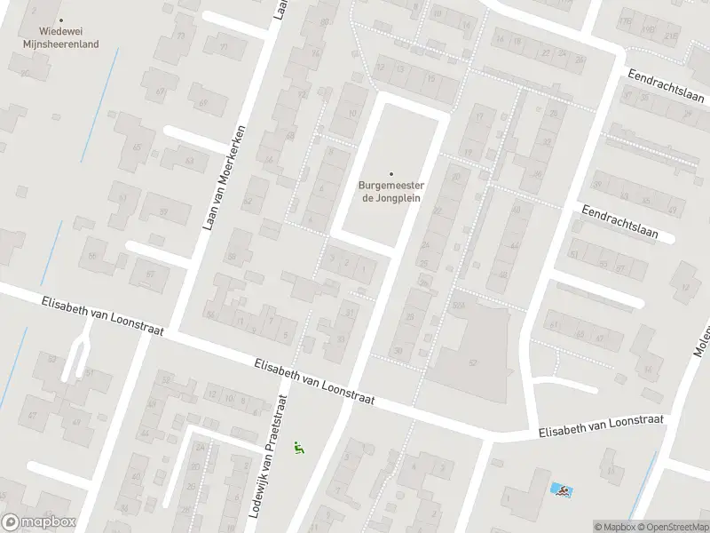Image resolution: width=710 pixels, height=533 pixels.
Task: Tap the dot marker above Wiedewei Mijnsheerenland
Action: [61, 20]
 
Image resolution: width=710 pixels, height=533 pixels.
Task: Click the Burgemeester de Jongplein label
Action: [390, 191]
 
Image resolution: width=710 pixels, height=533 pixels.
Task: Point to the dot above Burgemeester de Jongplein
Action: [390, 174]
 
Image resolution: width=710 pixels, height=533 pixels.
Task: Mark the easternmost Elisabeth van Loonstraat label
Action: [601, 428]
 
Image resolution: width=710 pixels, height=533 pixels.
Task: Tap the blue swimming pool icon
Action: [560, 489]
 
